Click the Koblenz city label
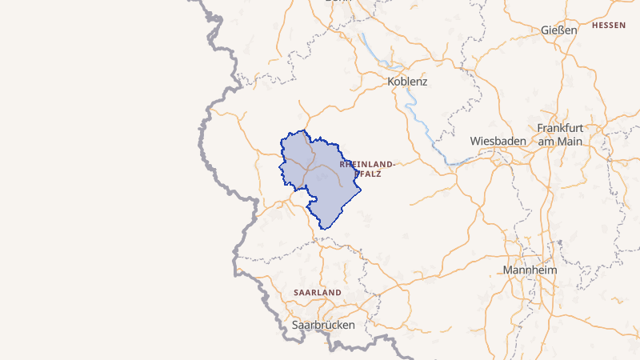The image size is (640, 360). [407, 82]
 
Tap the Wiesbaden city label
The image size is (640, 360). [498, 141]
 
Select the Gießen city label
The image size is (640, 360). [558, 30]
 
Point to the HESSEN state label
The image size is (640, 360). [609, 26]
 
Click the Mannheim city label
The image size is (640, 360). [530, 270]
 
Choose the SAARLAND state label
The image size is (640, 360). [318, 293]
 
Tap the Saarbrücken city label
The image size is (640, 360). [323, 325]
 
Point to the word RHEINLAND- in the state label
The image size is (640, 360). [367, 163]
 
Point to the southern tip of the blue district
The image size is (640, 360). [322, 229]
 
